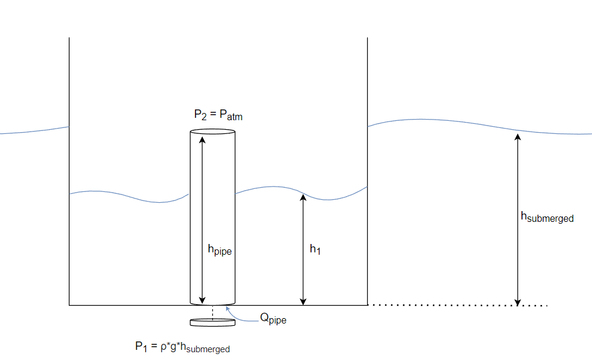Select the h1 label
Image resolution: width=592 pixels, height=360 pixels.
coord(315,249)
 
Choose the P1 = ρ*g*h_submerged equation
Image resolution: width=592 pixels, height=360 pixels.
coord(182,347)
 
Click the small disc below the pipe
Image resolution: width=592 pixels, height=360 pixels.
coord(212,322)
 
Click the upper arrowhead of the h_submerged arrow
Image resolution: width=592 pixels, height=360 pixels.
coord(518,137)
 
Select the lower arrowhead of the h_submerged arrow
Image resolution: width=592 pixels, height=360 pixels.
coord(518,301)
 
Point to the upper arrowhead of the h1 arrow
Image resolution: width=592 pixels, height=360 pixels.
coord(303,197)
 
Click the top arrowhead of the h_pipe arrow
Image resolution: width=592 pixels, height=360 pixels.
coord(202,140)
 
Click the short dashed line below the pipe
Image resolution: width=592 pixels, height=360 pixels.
coord(212,312)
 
